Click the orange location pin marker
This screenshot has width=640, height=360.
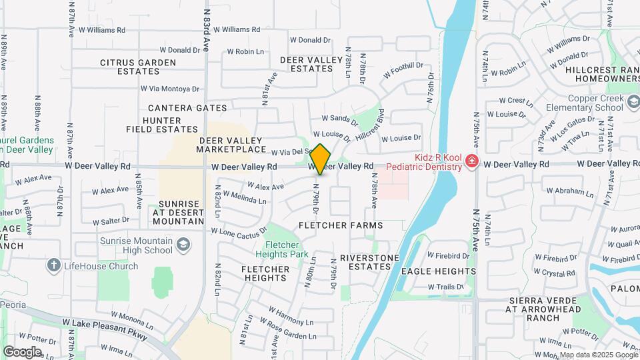[320, 159]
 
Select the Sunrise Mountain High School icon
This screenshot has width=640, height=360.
[182, 246]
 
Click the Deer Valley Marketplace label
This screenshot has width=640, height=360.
[242, 145]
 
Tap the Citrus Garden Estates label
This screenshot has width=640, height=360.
[138, 67]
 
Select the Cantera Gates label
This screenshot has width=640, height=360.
[187, 108]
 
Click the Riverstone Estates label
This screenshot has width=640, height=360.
[369, 262]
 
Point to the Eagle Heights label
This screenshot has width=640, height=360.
[439, 271]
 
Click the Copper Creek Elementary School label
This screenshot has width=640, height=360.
[583, 103]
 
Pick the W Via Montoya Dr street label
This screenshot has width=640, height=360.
[170, 89]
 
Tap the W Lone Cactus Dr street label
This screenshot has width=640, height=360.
[239, 233]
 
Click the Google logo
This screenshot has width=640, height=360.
[22, 351]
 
